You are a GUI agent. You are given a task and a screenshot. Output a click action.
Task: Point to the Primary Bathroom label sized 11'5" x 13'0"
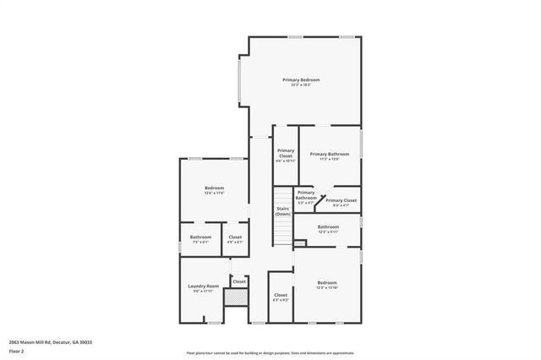click(x=329, y=154)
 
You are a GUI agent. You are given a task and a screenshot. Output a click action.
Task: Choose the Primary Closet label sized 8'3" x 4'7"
click(x=341, y=200)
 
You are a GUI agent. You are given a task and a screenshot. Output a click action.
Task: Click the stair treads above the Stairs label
click(x=282, y=228)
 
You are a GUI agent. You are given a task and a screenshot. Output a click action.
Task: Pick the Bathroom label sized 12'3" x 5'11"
click(x=328, y=226)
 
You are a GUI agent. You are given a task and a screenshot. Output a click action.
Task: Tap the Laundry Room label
click(x=203, y=286)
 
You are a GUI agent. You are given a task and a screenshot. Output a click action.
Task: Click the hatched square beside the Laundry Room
click(x=239, y=297)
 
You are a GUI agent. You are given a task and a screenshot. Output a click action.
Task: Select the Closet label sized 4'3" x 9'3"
click(x=281, y=295)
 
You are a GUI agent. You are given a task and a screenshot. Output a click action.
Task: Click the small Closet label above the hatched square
click(x=239, y=281)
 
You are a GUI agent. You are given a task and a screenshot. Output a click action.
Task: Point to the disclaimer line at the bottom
click(x=270, y=352)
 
